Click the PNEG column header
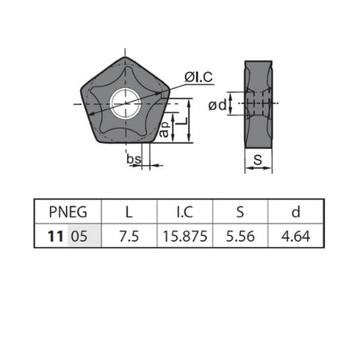point(67,213)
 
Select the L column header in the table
point(129,213)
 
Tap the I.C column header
point(184,213)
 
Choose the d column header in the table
point(295,213)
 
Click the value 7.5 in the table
point(129,238)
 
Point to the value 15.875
point(184,238)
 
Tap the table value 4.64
point(295,238)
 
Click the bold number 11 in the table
point(54,238)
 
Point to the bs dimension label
point(133,159)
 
